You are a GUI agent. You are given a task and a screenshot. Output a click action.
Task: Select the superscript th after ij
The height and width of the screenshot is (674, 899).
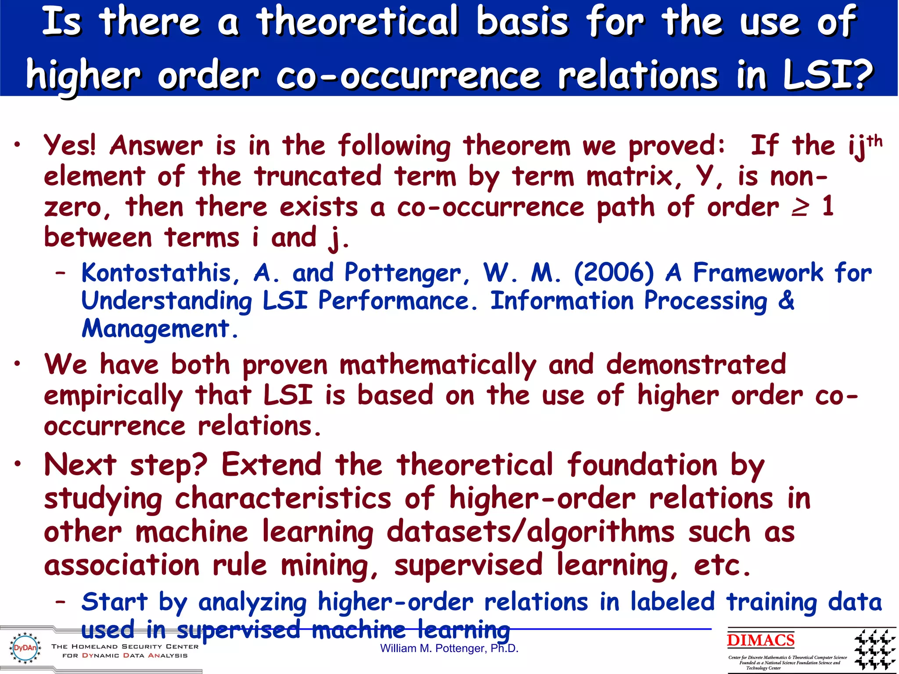[x=874, y=141]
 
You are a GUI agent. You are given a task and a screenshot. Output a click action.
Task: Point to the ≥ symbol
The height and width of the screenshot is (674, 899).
[x=799, y=207]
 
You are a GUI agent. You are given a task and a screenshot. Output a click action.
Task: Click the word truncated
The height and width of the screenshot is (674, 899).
[x=318, y=176]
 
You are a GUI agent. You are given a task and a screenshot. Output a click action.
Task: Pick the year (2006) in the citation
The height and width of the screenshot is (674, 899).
[x=614, y=272]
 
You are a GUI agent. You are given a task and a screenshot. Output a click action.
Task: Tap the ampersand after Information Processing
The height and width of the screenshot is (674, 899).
[x=786, y=301]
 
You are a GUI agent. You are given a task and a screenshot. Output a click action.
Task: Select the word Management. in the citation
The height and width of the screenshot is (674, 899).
[x=160, y=329]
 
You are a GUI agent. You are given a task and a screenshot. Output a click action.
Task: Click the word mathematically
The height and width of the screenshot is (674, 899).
[x=438, y=365]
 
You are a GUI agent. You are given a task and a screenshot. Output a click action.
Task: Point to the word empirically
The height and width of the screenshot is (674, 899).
[x=113, y=396]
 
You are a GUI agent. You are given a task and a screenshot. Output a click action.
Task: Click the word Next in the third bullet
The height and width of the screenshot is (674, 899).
[x=80, y=465]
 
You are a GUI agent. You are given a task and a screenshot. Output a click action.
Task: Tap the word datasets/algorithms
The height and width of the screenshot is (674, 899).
[x=530, y=532]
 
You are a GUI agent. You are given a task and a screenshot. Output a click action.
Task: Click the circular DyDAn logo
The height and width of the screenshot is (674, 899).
[x=25, y=648]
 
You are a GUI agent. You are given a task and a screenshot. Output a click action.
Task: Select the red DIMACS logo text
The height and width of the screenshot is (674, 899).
[x=761, y=640]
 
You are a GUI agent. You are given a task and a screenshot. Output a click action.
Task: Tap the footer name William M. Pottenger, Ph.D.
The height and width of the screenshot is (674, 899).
[x=449, y=649]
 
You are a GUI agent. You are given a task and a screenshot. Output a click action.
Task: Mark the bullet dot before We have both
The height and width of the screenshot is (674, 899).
[x=17, y=364]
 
